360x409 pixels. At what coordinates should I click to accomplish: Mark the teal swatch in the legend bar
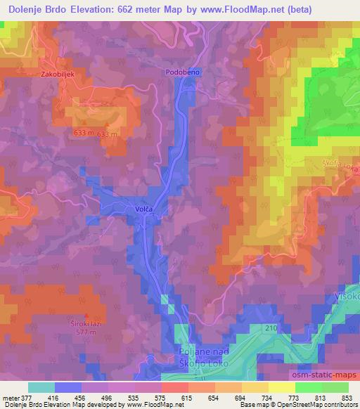pyautogui.click(x=41, y=387)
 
